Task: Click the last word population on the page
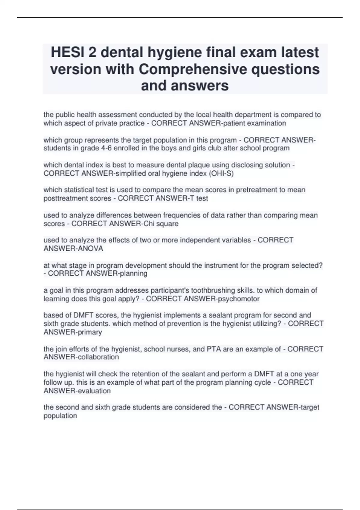coord(60,416)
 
